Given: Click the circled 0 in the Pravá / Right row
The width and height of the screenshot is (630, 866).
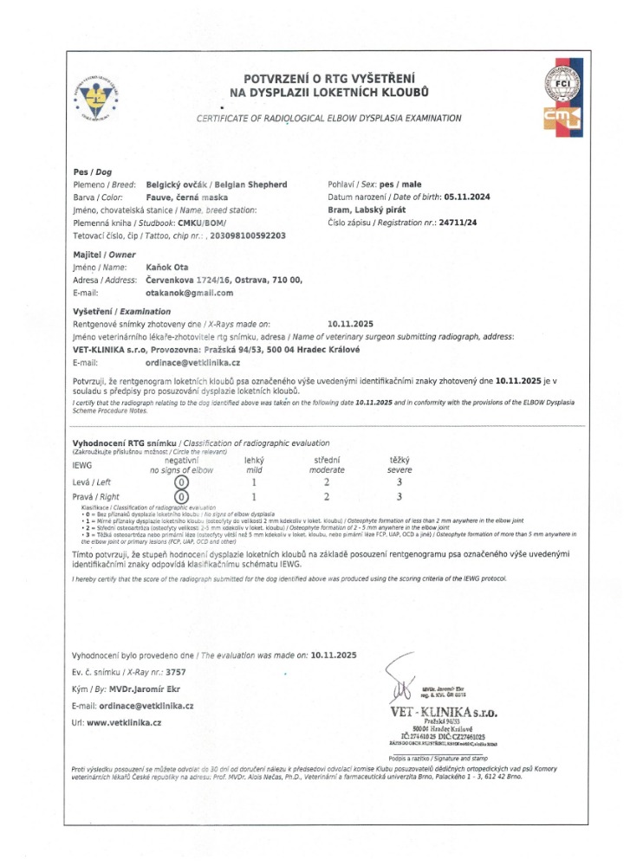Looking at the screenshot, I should point(180,497).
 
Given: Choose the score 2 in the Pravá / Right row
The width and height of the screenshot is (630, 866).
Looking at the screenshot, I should point(326,497).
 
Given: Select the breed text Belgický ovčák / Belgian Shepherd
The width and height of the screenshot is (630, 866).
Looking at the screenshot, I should point(216,184).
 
